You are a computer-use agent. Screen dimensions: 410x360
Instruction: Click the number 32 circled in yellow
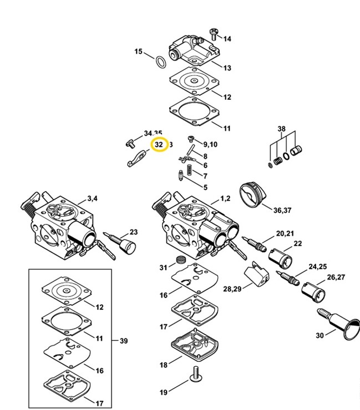tap(159, 145)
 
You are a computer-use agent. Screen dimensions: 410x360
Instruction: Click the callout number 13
tap(227, 68)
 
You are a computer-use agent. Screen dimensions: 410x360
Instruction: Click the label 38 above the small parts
tap(282, 130)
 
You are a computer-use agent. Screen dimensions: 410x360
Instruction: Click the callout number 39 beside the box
tap(124, 340)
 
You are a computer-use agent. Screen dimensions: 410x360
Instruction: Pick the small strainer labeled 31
tap(179, 261)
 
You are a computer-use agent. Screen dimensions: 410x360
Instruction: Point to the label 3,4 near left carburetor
tap(92, 198)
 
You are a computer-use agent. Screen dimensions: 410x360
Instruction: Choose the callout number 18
tap(164, 365)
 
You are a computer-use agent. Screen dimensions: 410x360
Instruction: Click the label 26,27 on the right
tap(335, 277)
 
